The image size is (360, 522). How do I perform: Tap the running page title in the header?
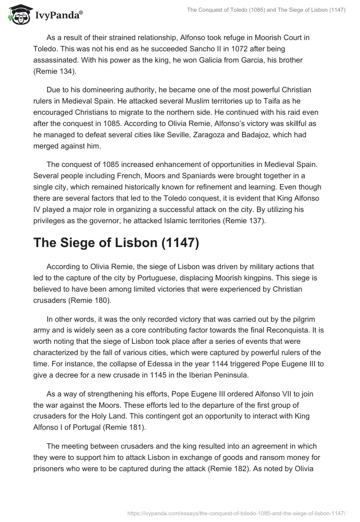point(266,10)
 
